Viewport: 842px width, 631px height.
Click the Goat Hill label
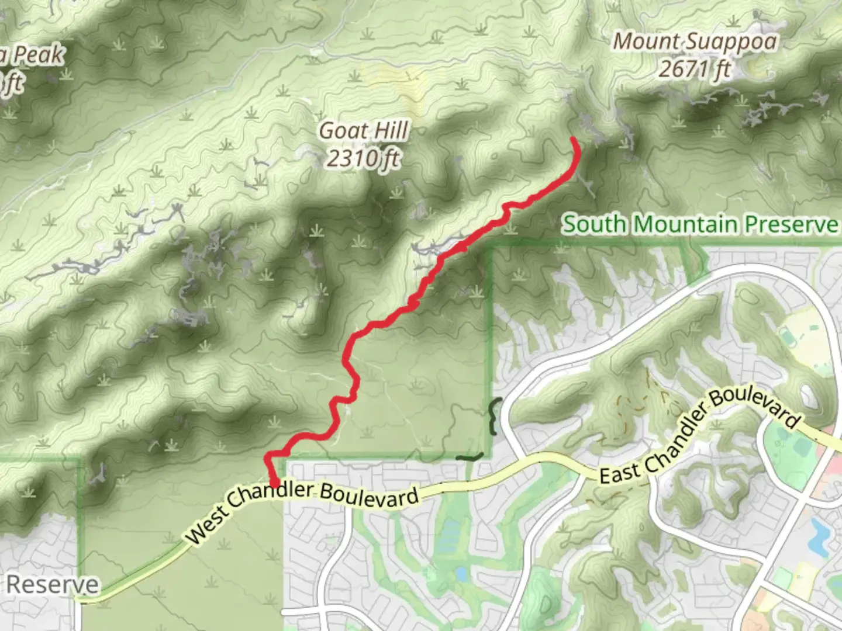pyautogui.click(x=363, y=131)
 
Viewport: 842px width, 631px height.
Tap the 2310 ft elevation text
pyautogui.click(x=363, y=158)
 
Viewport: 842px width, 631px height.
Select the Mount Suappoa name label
pyautogui.click(x=695, y=42)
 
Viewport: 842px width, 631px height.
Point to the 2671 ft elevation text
pyautogui.click(x=695, y=70)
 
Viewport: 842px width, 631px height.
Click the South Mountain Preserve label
pyautogui.click(x=700, y=224)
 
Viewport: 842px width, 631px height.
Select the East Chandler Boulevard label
pyautogui.click(x=699, y=435)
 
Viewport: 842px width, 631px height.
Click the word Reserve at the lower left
pyautogui.click(x=53, y=584)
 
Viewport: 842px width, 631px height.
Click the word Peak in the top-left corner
pyautogui.click(x=39, y=56)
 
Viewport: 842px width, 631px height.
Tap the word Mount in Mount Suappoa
pyautogui.click(x=646, y=42)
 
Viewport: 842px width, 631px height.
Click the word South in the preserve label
pyautogui.click(x=595, y=224)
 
